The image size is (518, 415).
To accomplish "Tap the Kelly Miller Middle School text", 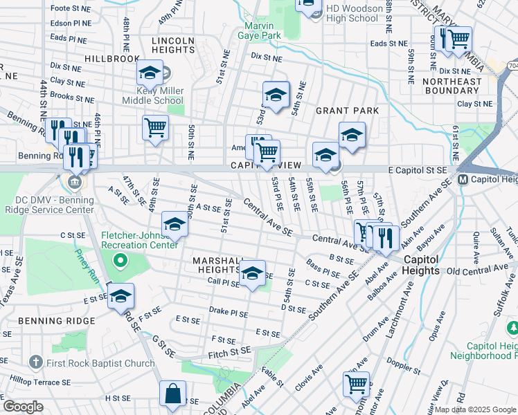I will pos(151,95).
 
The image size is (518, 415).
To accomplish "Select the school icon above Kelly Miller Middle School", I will pos(150,72).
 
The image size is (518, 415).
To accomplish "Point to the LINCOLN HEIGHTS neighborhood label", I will pos(172,46).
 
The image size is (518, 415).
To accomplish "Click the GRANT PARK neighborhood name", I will pos(347,111).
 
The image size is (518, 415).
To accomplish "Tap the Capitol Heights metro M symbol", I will pos(464,179).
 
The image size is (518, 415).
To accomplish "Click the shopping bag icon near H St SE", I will pos(172,394).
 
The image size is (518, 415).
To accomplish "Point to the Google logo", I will pos(22,407).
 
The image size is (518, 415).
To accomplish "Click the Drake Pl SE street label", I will pos(229,313).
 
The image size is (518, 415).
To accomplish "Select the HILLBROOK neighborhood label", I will pos(112,59).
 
